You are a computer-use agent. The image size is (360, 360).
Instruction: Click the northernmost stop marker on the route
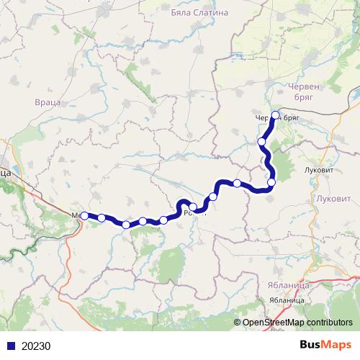pos(275,114)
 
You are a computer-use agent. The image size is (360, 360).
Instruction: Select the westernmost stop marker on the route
pos(84,215)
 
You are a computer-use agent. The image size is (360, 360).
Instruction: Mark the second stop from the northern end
pos(262,142)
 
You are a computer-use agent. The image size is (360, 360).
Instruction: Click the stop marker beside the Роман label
pos(193,207)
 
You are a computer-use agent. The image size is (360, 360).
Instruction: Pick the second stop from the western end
pos(102,217)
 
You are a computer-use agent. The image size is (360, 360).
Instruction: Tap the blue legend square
pos(9,346)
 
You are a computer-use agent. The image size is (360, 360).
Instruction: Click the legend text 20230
pos(36,346)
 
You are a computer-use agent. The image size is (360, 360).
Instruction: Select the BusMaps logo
pos(326,345)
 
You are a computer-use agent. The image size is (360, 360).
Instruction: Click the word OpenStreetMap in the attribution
pos(274,323)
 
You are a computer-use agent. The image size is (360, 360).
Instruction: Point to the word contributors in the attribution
pos(328,323)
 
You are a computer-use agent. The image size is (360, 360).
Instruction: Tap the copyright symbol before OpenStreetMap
pos(237,323)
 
